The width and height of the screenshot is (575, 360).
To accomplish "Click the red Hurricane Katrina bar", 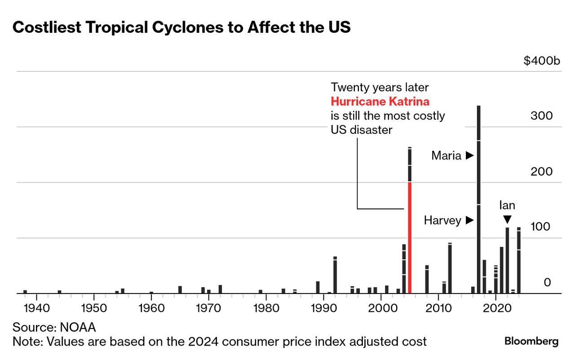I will [x=410, y=237].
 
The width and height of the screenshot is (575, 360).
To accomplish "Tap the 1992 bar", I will [x=335, y=275].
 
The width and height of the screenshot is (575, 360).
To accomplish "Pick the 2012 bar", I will [x=450, y=268].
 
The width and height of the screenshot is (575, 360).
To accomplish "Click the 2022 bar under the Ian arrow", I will [x=507, y=260].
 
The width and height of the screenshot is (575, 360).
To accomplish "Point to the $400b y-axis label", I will [x=542, y=61].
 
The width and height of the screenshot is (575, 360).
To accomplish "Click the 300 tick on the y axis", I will [x=541, y=116].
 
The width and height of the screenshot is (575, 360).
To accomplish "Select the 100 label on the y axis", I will [x=540, y=227].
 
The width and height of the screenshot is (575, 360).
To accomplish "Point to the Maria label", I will [x=446, y=156].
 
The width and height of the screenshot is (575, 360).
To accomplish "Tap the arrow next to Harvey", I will [x=469, y=220].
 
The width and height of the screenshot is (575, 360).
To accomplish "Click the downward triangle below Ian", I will [x=507, y=220].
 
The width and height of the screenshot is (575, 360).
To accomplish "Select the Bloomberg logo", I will [x=531, y=341].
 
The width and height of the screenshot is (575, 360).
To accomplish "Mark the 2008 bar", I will [x=427, y=279].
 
